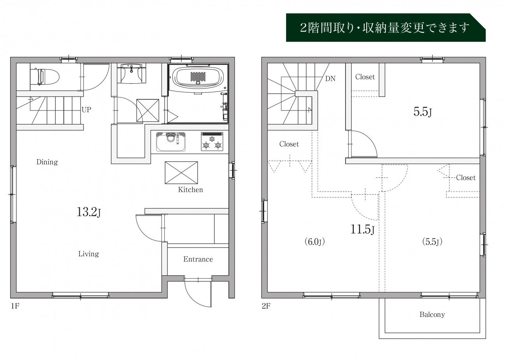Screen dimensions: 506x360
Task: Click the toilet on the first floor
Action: [x=45, y=77]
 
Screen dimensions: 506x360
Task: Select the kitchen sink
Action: [x=171, y=142]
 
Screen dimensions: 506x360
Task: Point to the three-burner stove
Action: [x=212, y=141]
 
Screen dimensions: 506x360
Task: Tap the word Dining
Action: [x=47, y=162]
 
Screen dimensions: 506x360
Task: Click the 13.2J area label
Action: [x=89, y=212]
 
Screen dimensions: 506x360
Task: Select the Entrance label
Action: [x=198, y=259]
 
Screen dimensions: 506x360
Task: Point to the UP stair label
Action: [x=86, y=110]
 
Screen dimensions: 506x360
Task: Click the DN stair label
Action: [x=330, y=79]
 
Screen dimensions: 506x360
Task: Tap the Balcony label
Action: [x=432, y=314]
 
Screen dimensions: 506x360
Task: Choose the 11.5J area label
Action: [x=362, y=229]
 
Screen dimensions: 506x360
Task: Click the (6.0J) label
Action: [x=314, y=242]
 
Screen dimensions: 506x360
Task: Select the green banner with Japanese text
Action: [x=386, y=28]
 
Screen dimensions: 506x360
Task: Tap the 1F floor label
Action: [x=15, y=306]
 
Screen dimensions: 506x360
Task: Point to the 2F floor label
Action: [x=266, y=306]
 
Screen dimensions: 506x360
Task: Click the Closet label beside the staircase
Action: [x=289, y=144]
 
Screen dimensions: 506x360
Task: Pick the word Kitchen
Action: [x=190, y=190]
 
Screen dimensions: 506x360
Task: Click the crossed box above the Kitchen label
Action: [x=181, y=172]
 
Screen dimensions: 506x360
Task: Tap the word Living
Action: [x=89, y=254]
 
